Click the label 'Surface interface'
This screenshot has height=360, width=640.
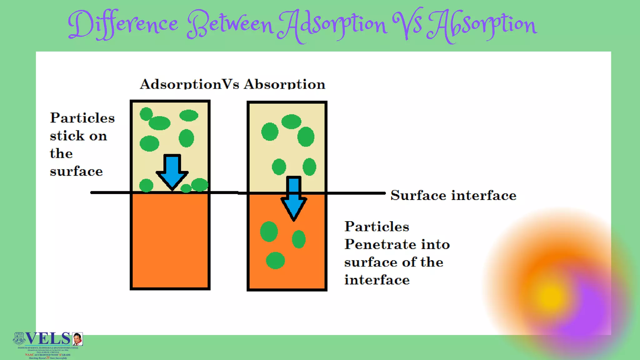pyautogui.click(x=453, y=195)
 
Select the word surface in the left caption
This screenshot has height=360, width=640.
pyautogui.click(x=76, y=171)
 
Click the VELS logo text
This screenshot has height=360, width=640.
pyautogui.click(x=48, y=338)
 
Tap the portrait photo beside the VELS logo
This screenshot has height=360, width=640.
pyautogui.click(x=77, y=339)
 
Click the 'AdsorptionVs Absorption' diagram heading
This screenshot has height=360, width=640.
pyautogui.click(x=232, y=84)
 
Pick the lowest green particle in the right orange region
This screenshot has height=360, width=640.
pyautogui.click(x=275, y=260)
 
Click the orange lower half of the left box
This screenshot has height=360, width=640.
pyautogui.click(x=170, y=241)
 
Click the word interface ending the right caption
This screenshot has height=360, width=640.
pyautogui.click(x=377, y=280)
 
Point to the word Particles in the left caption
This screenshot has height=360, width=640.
pyautogui.click(x=82, y=118)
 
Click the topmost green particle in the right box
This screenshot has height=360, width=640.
pyautogui.click(x=291, y=122)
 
